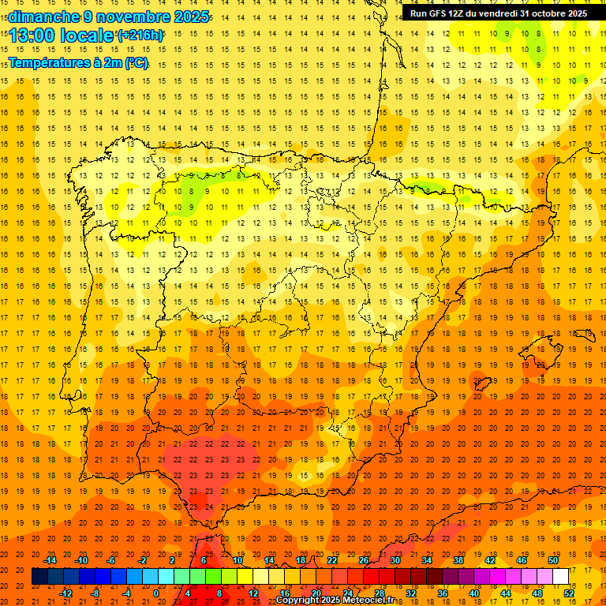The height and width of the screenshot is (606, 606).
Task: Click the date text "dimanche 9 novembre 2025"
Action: (109, 17)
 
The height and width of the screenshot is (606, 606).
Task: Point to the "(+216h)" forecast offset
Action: (140, 36)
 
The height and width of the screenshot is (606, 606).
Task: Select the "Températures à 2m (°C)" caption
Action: (78, 62)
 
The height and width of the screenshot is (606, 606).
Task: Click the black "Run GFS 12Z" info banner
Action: (498, 13)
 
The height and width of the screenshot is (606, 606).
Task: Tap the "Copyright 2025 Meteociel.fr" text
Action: (346, 600)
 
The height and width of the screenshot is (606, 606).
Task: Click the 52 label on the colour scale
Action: (568, 593)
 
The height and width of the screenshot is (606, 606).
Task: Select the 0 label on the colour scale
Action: (158, 593)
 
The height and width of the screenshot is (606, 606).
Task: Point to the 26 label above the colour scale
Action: (364, 560)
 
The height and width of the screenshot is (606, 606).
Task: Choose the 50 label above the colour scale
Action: (553, 560)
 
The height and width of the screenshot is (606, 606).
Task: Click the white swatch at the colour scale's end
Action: (560, 576)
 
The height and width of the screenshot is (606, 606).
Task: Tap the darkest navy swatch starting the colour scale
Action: (39, 576)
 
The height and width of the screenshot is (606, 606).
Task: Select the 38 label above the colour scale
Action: (458, 560)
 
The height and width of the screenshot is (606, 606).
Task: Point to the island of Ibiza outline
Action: (481, 384)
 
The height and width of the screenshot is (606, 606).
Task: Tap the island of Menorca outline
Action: (589, 326)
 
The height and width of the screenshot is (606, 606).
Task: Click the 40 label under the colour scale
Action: (473, 593)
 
